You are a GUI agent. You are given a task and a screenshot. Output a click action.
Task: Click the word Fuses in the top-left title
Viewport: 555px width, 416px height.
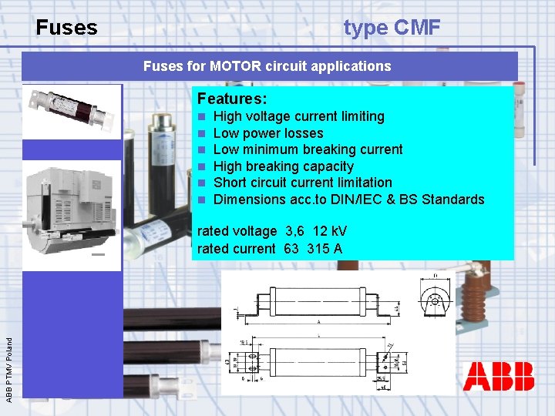point(67,29)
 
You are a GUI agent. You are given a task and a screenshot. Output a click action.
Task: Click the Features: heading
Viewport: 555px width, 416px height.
point(232,99)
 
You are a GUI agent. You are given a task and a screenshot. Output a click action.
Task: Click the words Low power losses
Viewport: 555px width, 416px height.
point(267,133)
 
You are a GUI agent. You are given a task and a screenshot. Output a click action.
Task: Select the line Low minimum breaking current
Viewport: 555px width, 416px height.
point(308,149)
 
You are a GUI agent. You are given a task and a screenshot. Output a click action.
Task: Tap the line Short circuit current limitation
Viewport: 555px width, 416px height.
point(302,183)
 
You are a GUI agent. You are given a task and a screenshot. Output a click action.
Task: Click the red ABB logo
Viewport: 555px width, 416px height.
point(499,377)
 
